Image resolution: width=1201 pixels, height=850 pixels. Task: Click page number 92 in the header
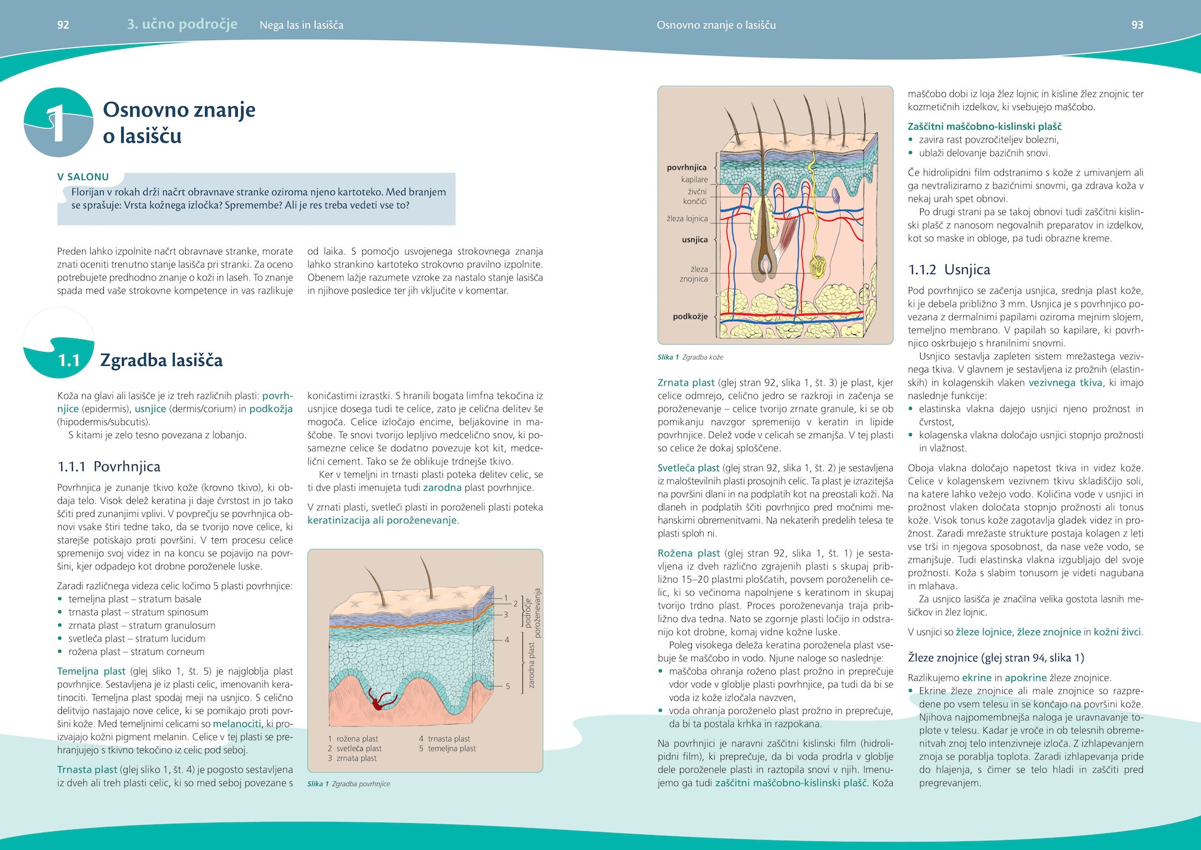[63, 25]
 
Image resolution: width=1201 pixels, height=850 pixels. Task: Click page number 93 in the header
[1137, 25]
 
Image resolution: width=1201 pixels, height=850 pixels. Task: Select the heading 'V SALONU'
[83, 177]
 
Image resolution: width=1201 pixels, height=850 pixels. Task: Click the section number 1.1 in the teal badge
[69, 361]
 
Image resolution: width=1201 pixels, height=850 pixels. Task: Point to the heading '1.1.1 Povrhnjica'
[109, 466]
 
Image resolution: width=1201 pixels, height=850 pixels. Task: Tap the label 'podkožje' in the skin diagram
[690, 317]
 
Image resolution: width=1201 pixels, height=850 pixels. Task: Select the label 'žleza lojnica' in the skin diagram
[687, 219]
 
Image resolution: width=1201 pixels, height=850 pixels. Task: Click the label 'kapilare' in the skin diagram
[694, 180]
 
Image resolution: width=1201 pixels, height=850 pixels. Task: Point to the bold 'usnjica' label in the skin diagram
[694, 240]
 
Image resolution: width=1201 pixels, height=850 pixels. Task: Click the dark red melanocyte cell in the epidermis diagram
[379, 700]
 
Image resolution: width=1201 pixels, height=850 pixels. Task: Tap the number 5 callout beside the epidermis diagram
[507, 687]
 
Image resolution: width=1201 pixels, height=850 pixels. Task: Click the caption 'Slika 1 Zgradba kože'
[690, 357]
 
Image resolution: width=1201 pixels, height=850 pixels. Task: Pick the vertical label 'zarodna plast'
[531, 665]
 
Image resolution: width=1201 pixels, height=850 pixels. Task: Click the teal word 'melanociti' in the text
[237, 724]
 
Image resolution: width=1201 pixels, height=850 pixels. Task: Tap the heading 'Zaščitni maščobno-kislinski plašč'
[985, 126]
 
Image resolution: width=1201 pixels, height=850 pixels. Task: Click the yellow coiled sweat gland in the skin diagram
[817, 266]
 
